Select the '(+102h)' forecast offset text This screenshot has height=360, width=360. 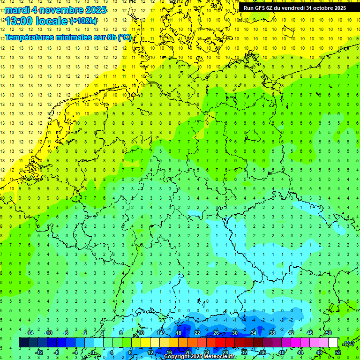click(83, 21)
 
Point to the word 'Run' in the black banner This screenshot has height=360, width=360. click(249, 8)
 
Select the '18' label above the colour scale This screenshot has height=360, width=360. click(179, 333)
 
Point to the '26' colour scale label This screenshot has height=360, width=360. click(216, 333)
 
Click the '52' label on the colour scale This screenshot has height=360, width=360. click(337, 352)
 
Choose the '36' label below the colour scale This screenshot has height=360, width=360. click(263, 352)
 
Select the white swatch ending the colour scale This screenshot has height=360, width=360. click(333, 343)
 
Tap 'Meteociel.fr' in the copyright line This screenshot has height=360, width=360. click(220, 357)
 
